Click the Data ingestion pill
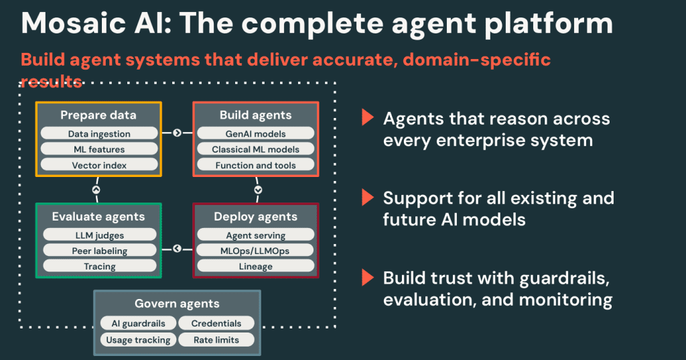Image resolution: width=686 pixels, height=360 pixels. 99,134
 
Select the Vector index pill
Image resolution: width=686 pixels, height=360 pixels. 99,165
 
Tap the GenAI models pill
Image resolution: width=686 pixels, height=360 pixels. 255,134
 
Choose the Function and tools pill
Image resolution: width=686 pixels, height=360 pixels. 255,165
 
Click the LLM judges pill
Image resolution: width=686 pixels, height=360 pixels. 99,235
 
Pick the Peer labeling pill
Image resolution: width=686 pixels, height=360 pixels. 99,251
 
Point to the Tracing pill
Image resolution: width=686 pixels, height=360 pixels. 99,266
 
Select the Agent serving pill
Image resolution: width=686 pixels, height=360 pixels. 255,235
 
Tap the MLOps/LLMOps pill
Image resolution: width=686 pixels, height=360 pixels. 255,251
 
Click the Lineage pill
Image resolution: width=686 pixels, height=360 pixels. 255,266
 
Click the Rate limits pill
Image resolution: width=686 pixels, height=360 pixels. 216,340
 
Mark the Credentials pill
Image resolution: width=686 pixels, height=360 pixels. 216,323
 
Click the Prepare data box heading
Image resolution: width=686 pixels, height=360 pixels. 98,115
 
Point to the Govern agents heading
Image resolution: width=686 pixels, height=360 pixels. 177,304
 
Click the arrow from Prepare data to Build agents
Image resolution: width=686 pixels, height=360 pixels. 177,133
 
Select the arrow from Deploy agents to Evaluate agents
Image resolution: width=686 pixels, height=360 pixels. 177,249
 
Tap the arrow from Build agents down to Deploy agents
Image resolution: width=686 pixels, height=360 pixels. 258,190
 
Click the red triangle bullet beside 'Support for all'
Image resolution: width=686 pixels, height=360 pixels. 366,198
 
